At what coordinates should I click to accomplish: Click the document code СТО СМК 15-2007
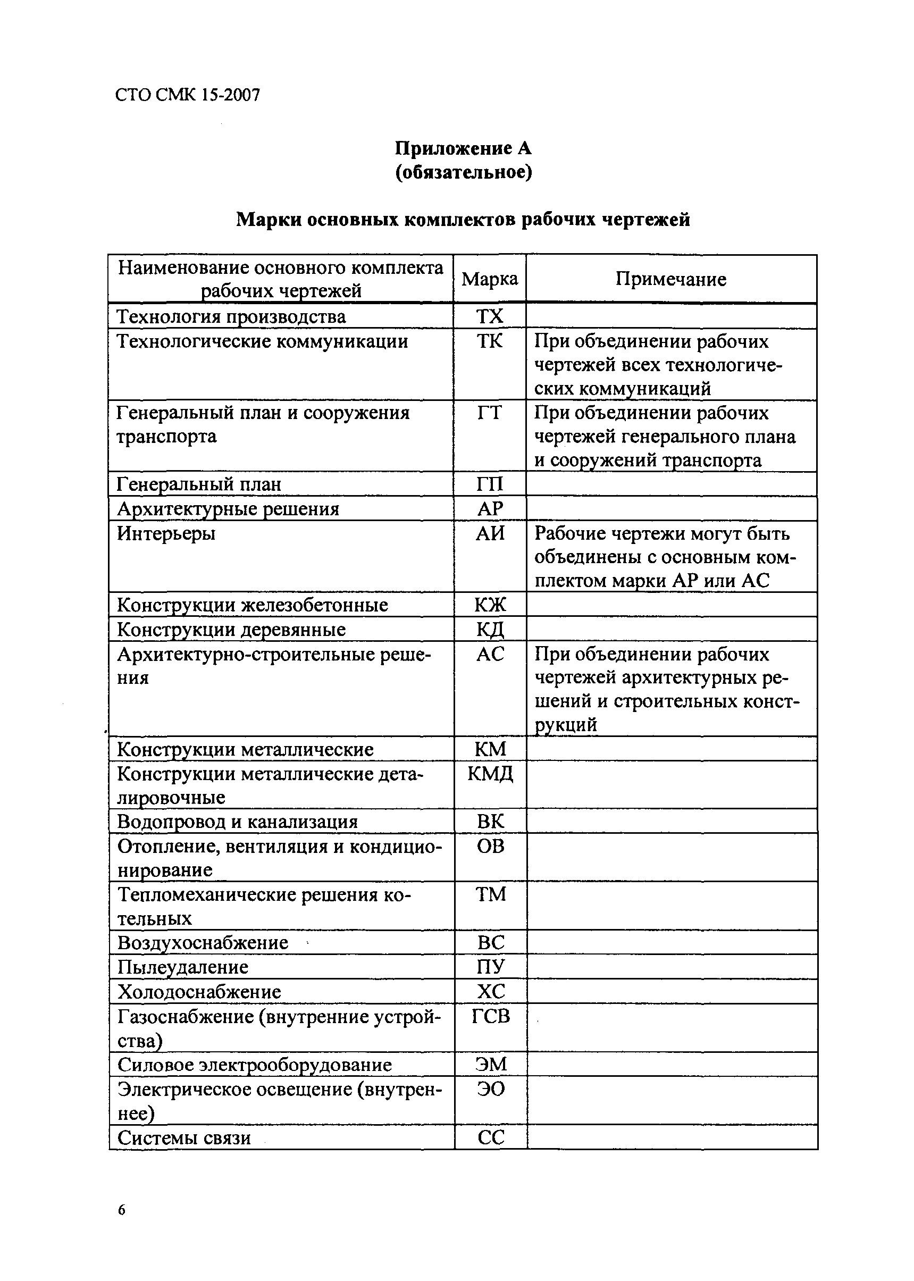(x=187, y=95)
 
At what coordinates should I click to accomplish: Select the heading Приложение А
(x=463, y=148)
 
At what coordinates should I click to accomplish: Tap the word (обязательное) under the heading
(x=463, y=172)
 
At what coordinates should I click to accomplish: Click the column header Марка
(x=490, y=279)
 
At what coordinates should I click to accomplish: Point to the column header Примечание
(x=670, y=279)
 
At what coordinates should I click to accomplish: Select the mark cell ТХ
(x=490, y=317)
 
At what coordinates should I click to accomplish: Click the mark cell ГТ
(x=489, y=413)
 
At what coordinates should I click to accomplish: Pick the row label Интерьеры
(x=166, y=533)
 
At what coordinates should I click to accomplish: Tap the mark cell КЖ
(x=490, y=605)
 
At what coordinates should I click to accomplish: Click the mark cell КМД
(x=490, y=774)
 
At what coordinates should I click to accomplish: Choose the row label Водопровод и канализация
(x=237, y=822)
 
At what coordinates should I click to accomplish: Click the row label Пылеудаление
(x=182, y=967)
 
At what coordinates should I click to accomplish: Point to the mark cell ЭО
(x=490, y=1089)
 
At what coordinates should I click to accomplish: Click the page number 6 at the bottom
(x=122, y=1210)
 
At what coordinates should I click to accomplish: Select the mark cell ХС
(x=490, y=991)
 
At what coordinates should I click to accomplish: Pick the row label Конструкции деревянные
(x=231, y=629)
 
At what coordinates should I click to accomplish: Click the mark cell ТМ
(x=490, y=894)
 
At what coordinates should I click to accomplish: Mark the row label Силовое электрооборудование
(x=254, y=1065)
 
